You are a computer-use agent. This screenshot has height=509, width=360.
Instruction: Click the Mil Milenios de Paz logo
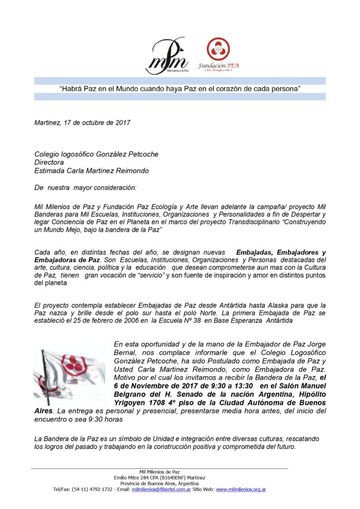click(167, 56)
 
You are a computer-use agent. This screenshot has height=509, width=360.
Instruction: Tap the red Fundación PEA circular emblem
click(219, 49)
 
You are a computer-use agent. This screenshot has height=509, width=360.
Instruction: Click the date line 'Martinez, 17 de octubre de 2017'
click(83, 123)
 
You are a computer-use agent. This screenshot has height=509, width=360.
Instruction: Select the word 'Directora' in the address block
click(50, 162)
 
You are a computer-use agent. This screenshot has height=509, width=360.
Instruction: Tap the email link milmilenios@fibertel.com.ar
click(161, 489)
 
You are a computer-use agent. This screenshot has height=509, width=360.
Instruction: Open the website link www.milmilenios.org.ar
click(241, 489)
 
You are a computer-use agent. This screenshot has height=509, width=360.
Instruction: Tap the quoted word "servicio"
click(148, 275)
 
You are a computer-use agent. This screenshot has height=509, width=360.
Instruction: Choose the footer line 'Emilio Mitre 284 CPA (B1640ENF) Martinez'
click(160, 477)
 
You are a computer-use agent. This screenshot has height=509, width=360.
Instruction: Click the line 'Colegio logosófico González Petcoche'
click(96, 154)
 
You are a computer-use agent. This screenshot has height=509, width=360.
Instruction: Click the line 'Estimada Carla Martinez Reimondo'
click(92, 170)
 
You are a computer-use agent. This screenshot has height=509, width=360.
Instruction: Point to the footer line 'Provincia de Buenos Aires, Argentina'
click(160, 483)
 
